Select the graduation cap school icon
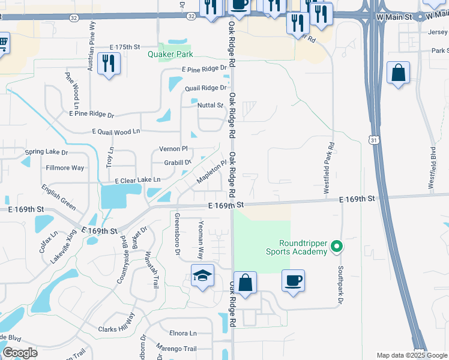pyautogui.click(x=203, y=276)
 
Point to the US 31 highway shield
pyautogui.click(x=373, y=140)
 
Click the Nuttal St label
pyautogui.click(x=210, y=106)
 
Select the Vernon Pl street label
pyautogui.click(x=173, y=149)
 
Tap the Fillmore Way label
pyautogui.click(x=65, y=168)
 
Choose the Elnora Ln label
pyautogui.click(x=183, y=333)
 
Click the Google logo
pyautogui.click(x=20, y=353)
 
